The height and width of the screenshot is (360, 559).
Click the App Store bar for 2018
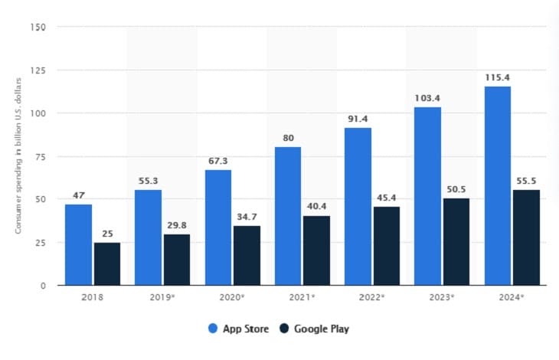pos(78,245)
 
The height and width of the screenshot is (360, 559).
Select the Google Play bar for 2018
pos(107,264)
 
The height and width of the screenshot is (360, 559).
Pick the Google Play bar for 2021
pos(316,250)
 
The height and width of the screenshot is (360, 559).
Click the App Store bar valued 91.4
pos(358,207)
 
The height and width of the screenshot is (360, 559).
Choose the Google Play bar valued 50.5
pos(456,242)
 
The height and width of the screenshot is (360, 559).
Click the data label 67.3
pos(217,162)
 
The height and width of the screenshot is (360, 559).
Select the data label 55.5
pos(526,182)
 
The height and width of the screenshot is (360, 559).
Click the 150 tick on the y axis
pos(39,28)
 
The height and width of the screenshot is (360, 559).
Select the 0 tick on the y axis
pos(44,286)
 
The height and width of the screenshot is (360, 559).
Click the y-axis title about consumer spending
pos(18,156)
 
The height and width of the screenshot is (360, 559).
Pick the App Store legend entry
pos(240,329)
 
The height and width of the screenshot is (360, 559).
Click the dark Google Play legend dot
pos(283,329)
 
